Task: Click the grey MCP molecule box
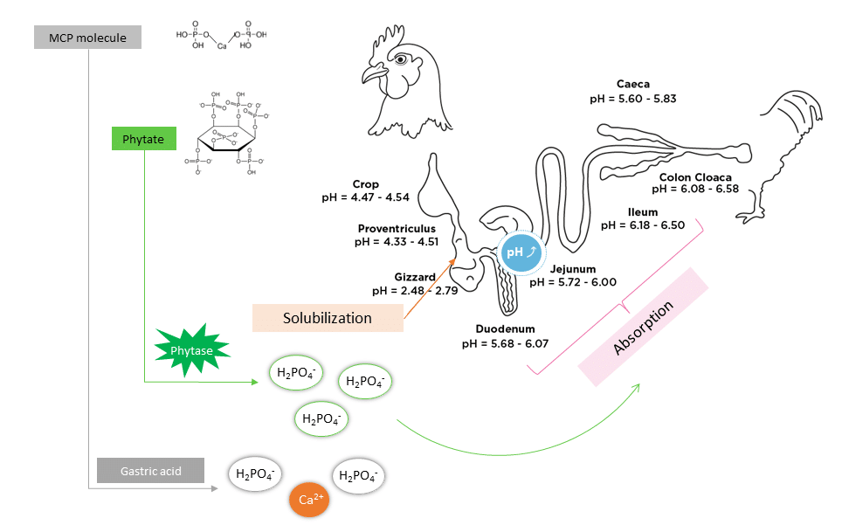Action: tap(87, 38)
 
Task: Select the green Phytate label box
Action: tap(142, 138)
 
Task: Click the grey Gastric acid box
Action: tap(149, 471)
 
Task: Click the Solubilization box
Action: tap(328, 318)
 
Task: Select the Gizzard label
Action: tap(416, 277)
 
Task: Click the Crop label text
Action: tap(366, 184)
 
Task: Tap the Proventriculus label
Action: tap(397, 229)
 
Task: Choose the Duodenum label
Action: tap(505, 330)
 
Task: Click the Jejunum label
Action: tap(573, 270)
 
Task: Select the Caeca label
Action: tap(632, 85)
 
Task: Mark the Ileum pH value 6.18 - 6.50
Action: tap(644, 225)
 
